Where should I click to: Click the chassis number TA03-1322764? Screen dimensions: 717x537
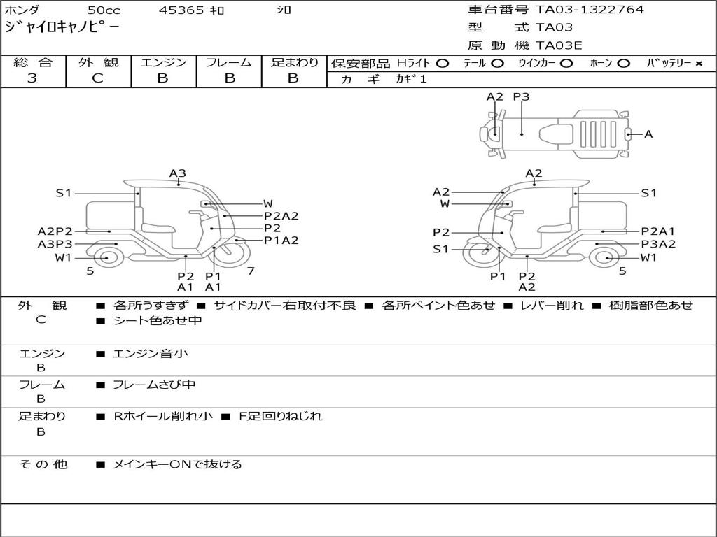(590, 10)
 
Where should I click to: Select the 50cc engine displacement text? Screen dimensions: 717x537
(104, 10)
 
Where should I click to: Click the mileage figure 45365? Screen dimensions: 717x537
(181, 10)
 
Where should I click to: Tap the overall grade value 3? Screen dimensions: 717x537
(32, 78)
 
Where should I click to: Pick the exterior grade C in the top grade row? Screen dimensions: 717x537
(97, 78)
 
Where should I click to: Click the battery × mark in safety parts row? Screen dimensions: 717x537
(698, 64)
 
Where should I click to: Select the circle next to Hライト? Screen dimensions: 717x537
(442, 64)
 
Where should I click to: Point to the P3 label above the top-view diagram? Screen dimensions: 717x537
(521, 96)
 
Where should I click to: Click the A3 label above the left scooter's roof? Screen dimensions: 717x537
(177, 173)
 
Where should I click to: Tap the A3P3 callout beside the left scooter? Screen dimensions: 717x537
(55, 244)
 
